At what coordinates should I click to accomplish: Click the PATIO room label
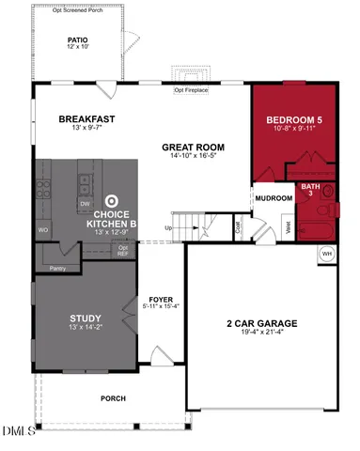[x=77, y=40]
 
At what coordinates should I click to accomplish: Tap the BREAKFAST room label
[x=86, y=119]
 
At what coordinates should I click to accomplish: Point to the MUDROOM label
[x=272, y=198]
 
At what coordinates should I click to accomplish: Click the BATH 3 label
[x=309, y=190]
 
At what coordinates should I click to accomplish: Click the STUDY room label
[x=86, y=319]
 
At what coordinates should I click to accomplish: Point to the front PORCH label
[x=113, y=398]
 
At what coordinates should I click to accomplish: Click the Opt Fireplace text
[x=192, y=90]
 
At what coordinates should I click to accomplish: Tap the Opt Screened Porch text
[x=78, y=10]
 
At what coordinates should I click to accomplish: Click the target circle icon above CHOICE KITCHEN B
[x=112, y=200]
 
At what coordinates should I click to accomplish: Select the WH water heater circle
[x=327, y=254]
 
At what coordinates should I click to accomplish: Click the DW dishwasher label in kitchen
[x=85, y=203]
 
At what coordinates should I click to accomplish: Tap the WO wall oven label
[x=42, y=228]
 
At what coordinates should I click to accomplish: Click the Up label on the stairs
[x=169, y=227]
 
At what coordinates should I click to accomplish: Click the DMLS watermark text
[x=18, y=430]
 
